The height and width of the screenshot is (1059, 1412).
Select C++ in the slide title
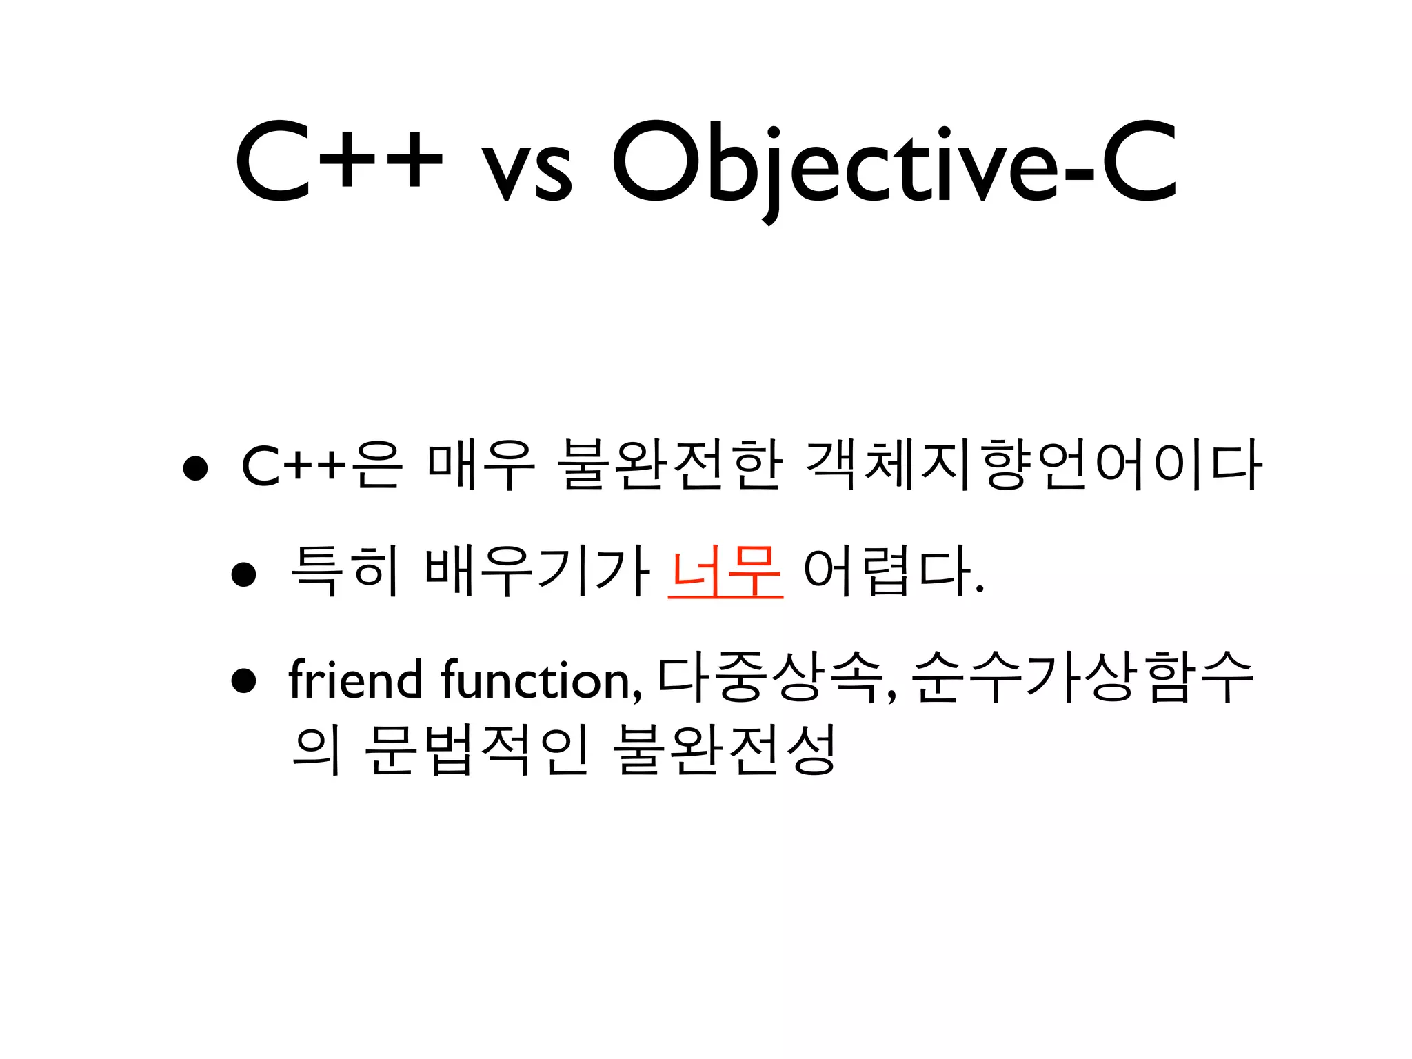click(x=338, y=164)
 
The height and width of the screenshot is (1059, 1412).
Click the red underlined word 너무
click(x=725, y=571)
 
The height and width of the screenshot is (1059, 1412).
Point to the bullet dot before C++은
click(x=196, y=467)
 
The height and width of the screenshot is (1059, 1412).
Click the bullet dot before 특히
click(x=244, y=574)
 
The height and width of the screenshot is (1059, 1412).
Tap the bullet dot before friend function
click(x=244, y=680)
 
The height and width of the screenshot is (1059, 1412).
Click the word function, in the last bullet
click(x=541, y=679)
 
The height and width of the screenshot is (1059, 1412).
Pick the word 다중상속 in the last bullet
click(x=769, y=678)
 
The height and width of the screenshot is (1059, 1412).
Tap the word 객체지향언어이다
click(x=1033, y=465)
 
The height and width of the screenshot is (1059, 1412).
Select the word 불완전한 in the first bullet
click(x=672, y=465)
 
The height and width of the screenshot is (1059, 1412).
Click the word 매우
click(x=481, y=465)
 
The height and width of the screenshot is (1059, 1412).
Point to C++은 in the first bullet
click(x=321, y=465)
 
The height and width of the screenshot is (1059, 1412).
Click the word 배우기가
click(x=537, y=571)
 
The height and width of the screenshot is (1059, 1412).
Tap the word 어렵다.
click(x=893, y=571)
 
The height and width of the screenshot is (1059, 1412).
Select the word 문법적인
click(x=476, y=750)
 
